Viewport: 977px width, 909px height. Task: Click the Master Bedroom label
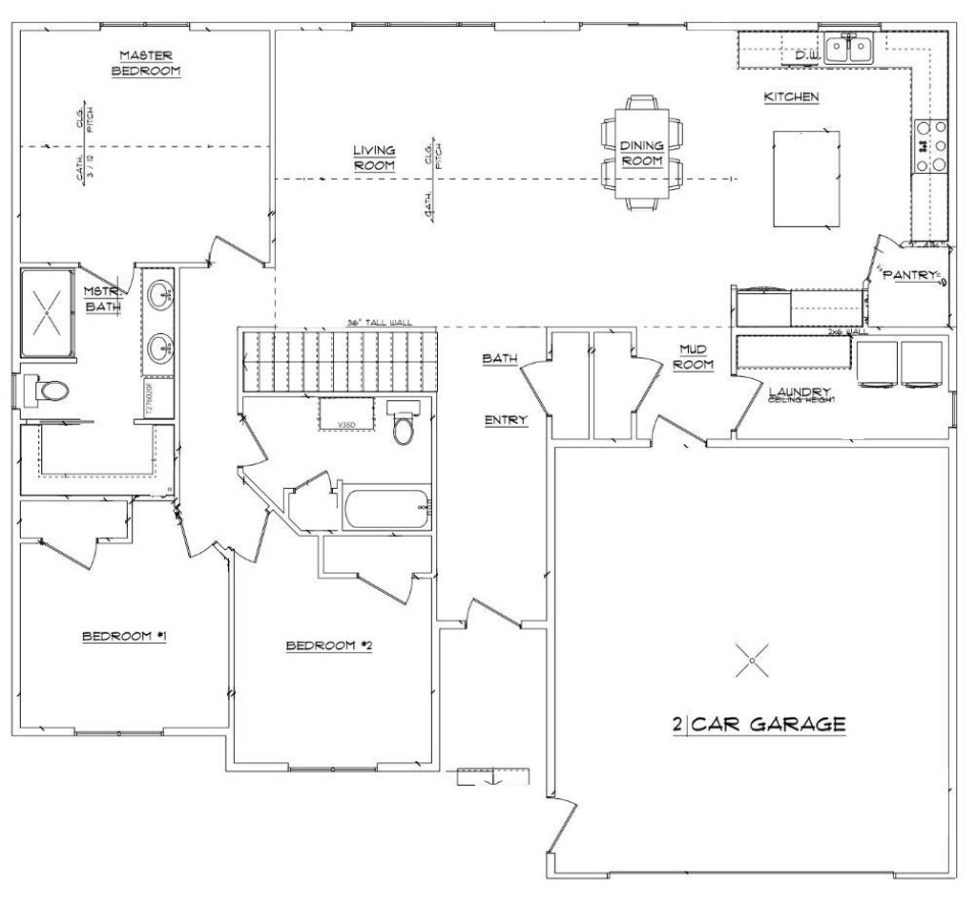146,63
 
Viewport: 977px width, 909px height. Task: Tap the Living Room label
374,158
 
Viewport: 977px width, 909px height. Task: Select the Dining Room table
642,153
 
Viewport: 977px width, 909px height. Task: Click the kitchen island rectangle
806,178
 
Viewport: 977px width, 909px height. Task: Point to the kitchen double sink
848,48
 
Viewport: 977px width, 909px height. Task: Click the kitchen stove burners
931,145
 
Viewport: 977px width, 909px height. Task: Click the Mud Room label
693,357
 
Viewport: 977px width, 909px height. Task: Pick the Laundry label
801,391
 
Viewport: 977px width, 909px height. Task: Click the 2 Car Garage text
759,724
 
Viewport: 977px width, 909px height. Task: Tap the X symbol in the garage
753,659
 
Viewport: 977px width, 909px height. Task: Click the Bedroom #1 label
124,636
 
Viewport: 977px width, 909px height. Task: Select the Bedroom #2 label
328,646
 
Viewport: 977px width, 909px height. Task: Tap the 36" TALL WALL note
380,324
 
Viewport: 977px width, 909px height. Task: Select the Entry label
506,420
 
